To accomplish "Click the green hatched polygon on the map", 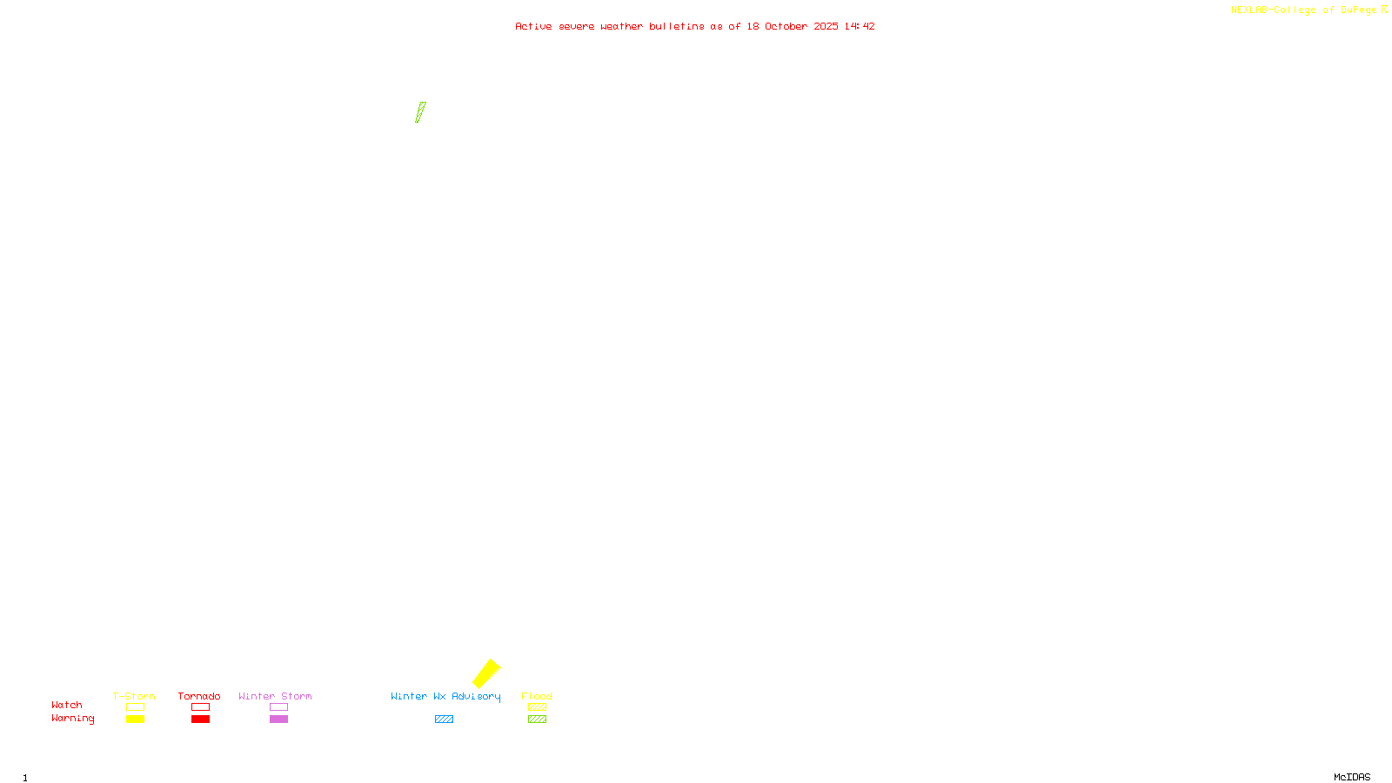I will click(421, 112).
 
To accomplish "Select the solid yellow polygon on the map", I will click(486, 673).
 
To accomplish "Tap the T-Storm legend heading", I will click(134, 696).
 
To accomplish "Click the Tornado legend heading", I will click(199, 696).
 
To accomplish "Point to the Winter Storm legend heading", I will click(275, 696).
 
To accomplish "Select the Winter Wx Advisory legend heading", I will click(445, 696).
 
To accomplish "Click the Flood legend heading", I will click(537, 696).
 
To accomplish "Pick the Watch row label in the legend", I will click(67, 705).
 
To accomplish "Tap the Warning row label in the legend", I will click(73, 719).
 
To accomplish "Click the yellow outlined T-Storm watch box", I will click(135, 707).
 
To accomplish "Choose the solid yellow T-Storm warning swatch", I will click(135, 719).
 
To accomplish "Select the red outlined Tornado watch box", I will click(201, 707).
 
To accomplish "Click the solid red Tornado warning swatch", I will click(201, 719).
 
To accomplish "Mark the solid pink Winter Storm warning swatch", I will click(278, 719).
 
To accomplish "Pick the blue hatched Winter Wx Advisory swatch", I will click(444, 719).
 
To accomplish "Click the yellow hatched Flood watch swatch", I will click(537, 707).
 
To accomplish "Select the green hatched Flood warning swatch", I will click(537, 719).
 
